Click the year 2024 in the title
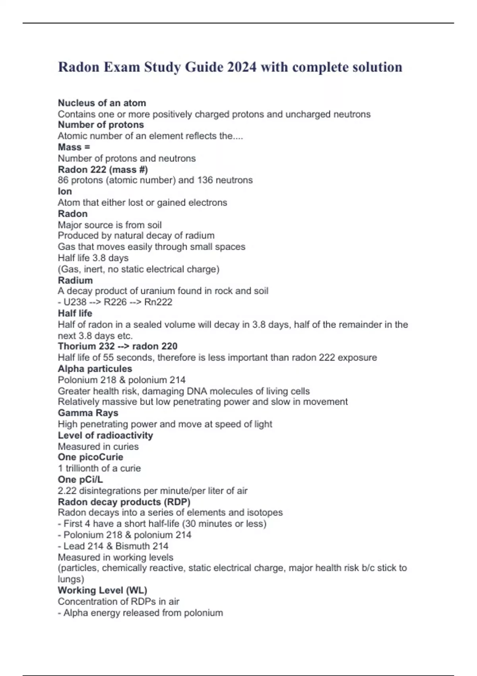tap(242, 67)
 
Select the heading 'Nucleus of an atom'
tap(102, 103)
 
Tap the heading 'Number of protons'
tap(101, 125)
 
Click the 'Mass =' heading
tap(74, 147)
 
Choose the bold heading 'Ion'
tap(65, 191)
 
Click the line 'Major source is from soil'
tap(110, 225)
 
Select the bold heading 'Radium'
tap(75, 280)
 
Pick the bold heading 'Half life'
tap(75, 313)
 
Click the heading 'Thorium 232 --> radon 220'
tap(118, 346)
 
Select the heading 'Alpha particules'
tap(95, 369)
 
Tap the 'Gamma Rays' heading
tap(88, 413)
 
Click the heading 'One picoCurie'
tap(91, 457)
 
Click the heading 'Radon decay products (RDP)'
tap(124, 502)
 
